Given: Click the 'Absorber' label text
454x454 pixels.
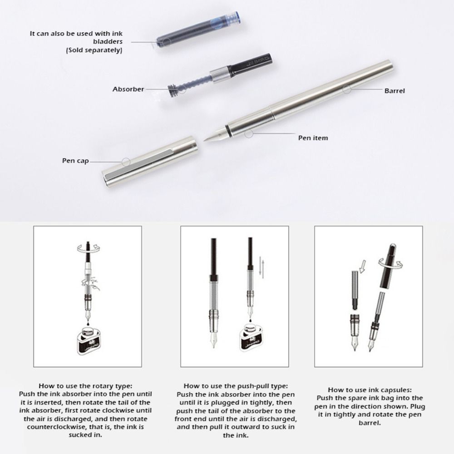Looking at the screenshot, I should (x=128, y=89).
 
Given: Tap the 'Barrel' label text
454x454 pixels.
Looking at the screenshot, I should (x=395, y=91).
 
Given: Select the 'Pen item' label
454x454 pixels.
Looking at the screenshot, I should (x=313, y=138).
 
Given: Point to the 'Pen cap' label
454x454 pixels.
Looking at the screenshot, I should (x=75, y=161).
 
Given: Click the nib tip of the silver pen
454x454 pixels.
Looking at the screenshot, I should (x=206, y=140).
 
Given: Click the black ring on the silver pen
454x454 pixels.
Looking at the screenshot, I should (x=227, y=128).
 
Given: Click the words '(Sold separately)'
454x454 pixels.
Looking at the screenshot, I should (x=94, y=50).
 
